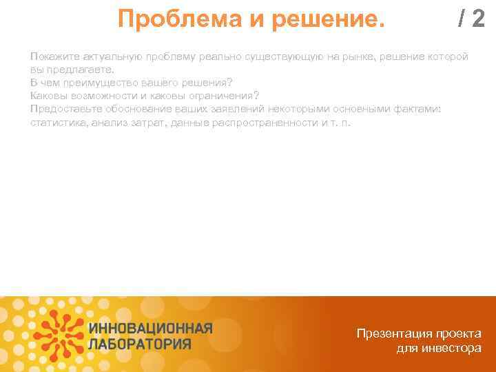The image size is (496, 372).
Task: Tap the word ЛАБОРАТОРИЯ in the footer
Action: [140, 342]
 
